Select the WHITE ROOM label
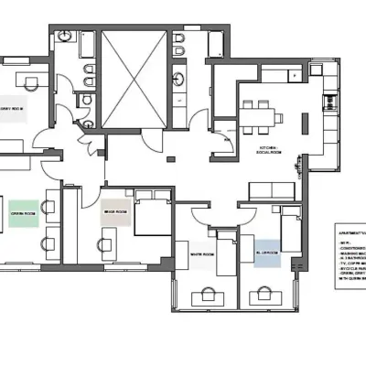point(201,254)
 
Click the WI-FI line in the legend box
point(345,241)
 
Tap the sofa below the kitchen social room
point(273,190)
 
